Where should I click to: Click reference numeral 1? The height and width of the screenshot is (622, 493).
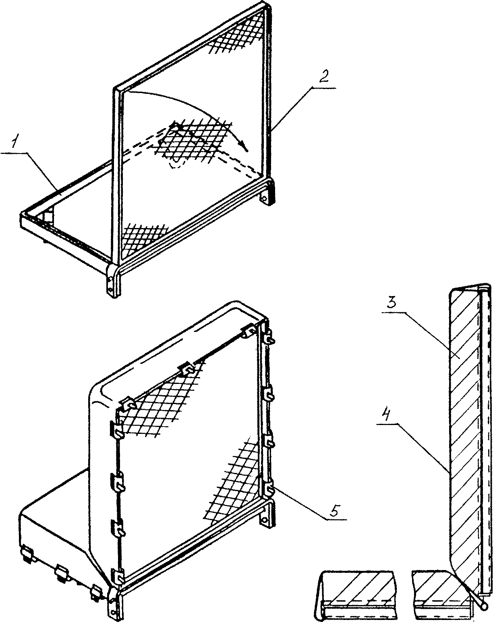(x=15, y=142)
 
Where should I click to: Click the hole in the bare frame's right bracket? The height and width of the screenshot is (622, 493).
(x=265, y=199)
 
